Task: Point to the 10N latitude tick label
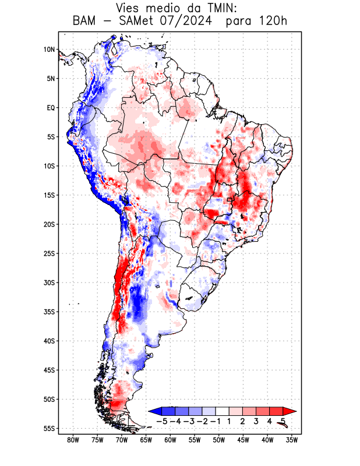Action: click(49, 50)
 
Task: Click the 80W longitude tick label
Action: click(73, 440)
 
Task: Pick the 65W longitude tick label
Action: click(146, 440)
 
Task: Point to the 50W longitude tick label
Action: click(219, 440)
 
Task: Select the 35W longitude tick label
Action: click(292, 440)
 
